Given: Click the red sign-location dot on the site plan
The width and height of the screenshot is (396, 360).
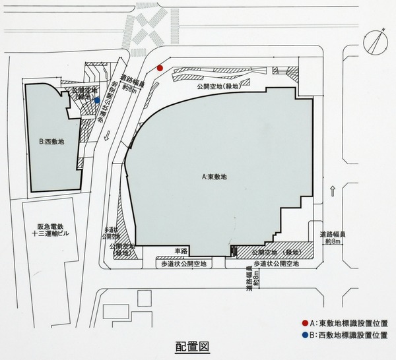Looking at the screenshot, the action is point(160,69).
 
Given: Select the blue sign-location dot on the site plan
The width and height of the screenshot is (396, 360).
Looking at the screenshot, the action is point(97,101).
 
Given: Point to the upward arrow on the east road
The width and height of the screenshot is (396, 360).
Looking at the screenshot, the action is point(334,193).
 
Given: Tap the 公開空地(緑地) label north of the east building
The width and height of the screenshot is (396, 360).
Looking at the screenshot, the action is point(218,86).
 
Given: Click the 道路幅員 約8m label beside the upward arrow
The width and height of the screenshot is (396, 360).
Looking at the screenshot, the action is point(335,237).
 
